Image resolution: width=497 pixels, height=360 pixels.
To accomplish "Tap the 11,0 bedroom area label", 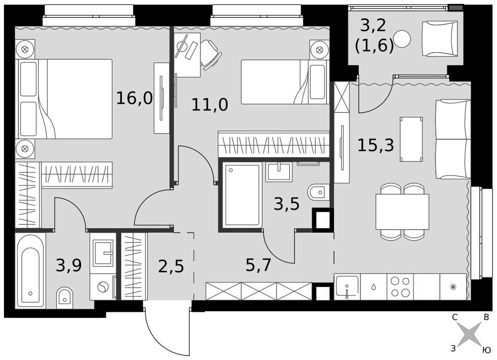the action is coord(210,104).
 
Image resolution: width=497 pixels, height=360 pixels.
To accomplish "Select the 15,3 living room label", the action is coord(376,145).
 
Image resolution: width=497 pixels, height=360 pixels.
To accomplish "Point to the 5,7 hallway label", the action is coord(258,265).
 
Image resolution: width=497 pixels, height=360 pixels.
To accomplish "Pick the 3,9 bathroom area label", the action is coord(69,265).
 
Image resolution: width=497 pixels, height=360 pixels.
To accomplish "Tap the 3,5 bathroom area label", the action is coord(287,204).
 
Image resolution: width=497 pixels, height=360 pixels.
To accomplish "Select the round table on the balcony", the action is coord(402,39).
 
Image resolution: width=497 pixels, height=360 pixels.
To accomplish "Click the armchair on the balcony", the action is coord(440,39).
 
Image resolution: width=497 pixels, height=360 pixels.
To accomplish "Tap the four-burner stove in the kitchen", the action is coord(400,287).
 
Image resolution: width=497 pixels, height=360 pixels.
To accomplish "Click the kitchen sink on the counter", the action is coord(347,287).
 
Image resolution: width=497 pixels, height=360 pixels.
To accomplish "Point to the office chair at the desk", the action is coord(210,54).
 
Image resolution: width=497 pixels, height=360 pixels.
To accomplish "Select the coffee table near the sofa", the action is coord(411,139).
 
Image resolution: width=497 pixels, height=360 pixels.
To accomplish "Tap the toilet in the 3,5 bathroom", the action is coord(319,192).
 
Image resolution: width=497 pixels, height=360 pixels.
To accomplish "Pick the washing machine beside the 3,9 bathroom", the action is coord(103,287).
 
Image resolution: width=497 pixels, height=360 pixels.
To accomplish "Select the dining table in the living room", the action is coord(402,211).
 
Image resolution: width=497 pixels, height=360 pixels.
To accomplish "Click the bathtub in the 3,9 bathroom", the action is coord(30,270).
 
